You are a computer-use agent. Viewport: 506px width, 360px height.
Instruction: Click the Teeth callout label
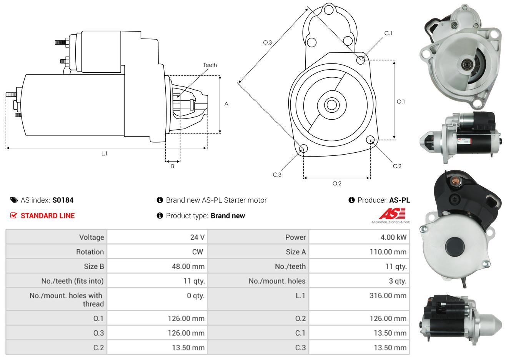tap(210, 65)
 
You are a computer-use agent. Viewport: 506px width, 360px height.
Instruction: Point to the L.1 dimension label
tap(104, 154)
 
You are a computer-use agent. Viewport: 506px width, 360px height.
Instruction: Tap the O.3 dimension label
tap(268, 42)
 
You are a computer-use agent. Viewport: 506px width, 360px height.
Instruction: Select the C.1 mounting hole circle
tap(361, 60)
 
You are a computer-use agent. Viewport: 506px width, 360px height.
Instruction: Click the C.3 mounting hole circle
tap(303, 148)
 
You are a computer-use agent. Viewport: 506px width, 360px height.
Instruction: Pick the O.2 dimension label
tap(337, 183)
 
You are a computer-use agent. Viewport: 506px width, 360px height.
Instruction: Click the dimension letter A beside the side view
tap(226, 104)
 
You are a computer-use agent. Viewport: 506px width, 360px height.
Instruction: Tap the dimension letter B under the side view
tap(173, 166)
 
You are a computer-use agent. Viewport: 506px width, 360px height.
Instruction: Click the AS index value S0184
tap(63, 200)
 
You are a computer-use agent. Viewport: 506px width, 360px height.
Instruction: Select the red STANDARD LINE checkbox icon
tap(13, 215)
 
